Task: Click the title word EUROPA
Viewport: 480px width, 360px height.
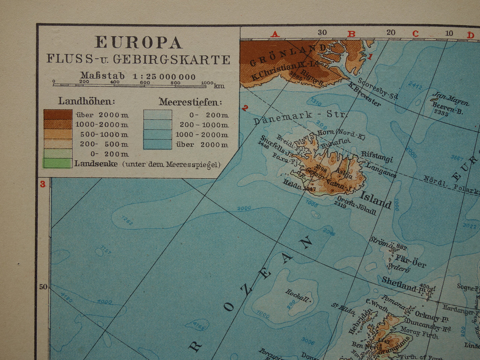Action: (x=139, y=43)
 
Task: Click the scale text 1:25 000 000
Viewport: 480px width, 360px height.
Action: (x=164, y=77)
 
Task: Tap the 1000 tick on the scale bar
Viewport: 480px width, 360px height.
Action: (x=207, y=83)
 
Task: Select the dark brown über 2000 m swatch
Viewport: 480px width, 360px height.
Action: (x=58, y=115)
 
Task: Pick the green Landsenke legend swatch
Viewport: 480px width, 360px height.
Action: (x=58, y=163)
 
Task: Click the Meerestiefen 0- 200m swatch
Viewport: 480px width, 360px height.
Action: (x=157, y=115)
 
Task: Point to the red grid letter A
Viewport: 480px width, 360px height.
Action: (x=275, y=34)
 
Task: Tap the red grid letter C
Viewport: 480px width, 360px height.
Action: (x=415, y=34)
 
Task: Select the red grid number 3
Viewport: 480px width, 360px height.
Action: (x=43, y=184)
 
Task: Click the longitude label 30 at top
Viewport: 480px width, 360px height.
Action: (x=322, y=33)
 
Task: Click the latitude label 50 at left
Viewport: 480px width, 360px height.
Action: (x=43, y=287)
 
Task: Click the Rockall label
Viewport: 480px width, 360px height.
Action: (x=298, y=295)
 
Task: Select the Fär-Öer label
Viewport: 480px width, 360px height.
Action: (x=411, y=261)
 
